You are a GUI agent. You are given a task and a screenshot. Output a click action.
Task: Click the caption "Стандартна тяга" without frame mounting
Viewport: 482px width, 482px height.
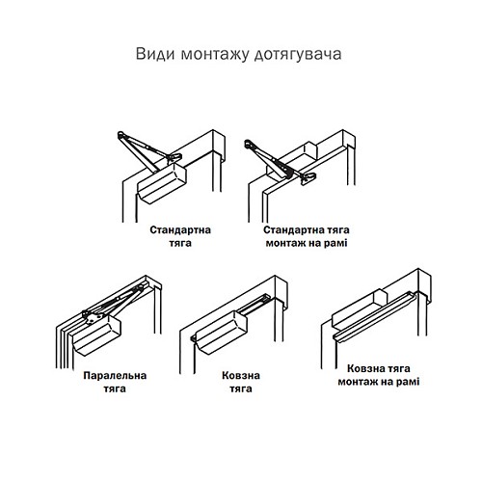179,237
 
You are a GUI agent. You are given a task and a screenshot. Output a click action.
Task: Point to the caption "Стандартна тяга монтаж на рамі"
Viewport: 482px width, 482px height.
304,237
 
